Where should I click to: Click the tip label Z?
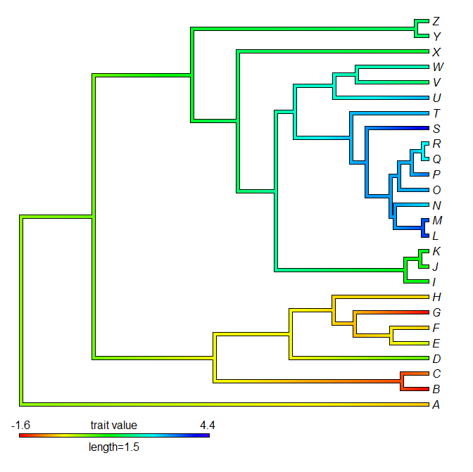[437, 21]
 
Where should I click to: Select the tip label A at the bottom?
[437, 404]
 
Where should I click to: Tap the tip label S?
[437, 128]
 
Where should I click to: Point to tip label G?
[437, 312]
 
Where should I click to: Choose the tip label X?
[437, 52]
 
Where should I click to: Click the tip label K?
[437, 251]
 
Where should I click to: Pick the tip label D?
[437, 359]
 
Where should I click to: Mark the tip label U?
[437, 98]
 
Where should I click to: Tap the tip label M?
[437, 221]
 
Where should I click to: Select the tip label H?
[437, 297]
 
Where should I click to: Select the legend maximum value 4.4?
[208, 426]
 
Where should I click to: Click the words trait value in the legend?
[114, 426]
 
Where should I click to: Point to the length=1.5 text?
[114, 447]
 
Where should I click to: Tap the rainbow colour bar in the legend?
[114, 436]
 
